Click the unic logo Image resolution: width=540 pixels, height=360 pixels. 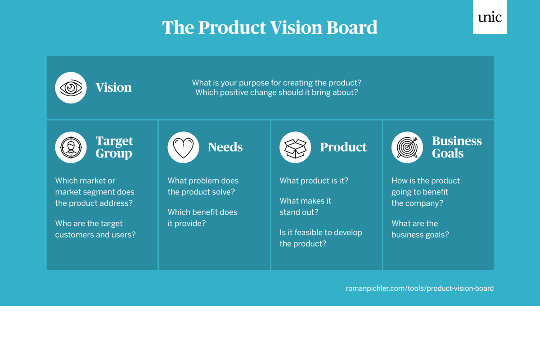pyautogui.click(x=490, y=17)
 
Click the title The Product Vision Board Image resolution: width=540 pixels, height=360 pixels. pyautogui.click(x=270, y=27)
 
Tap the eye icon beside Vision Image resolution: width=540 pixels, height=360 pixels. pyautogui.click(x=71, y=88)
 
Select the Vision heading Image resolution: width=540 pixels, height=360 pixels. pyautogui.click(x=113, y=87)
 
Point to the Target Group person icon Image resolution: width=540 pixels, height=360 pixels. pyautogui.click(x=71, y=147)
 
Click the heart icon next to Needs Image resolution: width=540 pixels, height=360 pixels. pyautogui.click(x=183, y=147)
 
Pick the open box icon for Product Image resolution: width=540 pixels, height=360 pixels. pyautogui.click(x=295, y=147)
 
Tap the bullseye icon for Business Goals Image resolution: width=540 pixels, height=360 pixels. pyautogui.click(x=407, y=147)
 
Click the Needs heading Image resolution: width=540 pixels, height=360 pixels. pyautogui.click(x=225, y=147)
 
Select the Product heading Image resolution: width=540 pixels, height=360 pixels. pyautogui.click(x=343, y=147)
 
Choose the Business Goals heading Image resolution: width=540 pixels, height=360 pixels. pyautogui.click(x=457, y=147)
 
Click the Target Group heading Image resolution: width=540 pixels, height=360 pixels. pyautogui.click(x=114, y=147)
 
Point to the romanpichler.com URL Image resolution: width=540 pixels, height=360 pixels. pyautogui.click(x=419, y=288)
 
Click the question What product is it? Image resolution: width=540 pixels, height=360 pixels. pyautogui.click(x=314, y=181)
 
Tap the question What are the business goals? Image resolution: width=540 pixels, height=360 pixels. pyautogui.click(x=420, y=229)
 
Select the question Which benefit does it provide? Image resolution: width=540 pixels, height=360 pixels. pyautogui.click(x=202, y=218)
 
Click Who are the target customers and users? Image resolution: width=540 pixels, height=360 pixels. pyautogui.click(x=95, y=229)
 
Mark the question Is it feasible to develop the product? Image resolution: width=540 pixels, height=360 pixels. pyautogui.click(x=321, y=238)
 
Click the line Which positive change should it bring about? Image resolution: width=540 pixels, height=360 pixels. pyautogui.click(x=277, y=93)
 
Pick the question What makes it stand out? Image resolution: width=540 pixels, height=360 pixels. pyautogui.click(x=306, y=207)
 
